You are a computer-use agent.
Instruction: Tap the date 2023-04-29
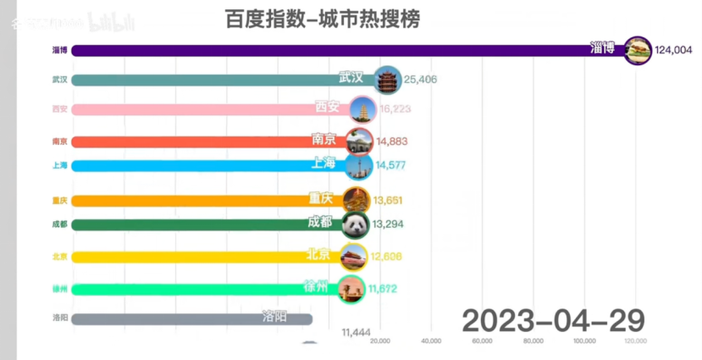[x=553, y=320]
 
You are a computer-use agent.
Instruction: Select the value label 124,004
[x=673, y=50]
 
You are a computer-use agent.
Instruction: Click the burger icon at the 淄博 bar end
[x=637, y=50]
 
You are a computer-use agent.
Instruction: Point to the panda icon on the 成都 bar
[x=355, y=224]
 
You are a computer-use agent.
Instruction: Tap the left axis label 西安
[x=59, y=109]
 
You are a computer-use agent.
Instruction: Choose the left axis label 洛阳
[x=59, y=319]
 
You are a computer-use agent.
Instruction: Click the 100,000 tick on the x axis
[x=583, y=341]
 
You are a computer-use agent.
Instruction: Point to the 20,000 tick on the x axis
[x=380, y=341]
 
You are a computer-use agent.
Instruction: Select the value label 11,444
[x=356, y=332]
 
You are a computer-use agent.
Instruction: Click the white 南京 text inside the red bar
[x=328, y=138]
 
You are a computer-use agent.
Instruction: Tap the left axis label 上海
[x=59, y=165]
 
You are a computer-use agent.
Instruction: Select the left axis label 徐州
[x=59, y=289]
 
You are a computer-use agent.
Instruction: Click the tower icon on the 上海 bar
[x=359, y=165]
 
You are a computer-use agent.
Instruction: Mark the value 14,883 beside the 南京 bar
[x=392, y=141]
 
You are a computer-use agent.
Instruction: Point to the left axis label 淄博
[x=59, y=50]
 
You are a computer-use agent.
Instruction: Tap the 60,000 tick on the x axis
[x=482, y=341]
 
